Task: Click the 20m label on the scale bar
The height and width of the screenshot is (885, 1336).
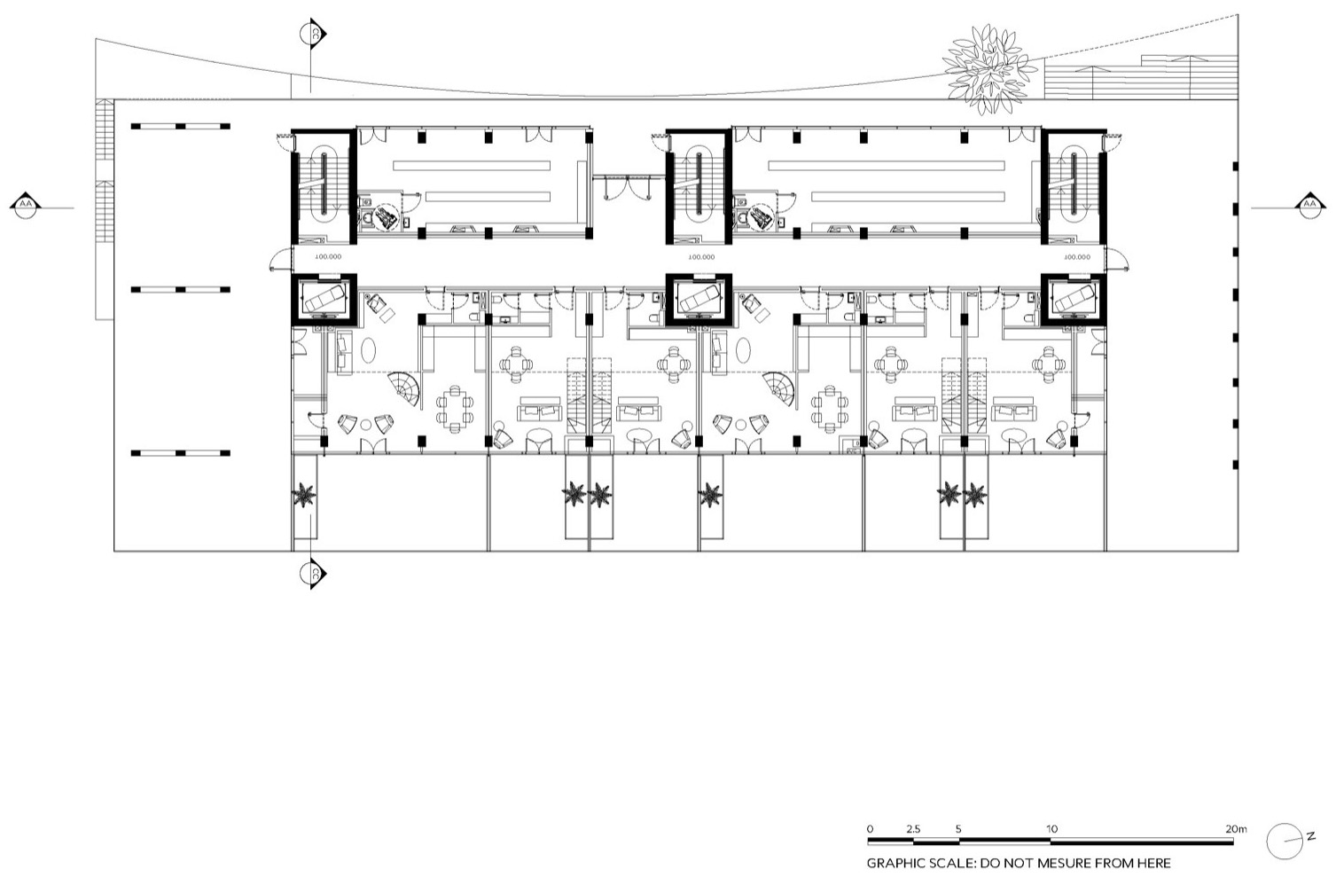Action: [1235, 829]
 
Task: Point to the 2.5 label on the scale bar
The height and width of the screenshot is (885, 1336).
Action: [913, 829]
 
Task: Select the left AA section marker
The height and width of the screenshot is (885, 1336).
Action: [25, 207]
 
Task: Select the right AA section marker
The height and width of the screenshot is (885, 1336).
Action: [1309, 206]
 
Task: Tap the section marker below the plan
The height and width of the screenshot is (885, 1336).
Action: [315, 574]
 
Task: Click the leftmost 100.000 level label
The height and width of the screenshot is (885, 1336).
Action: [328, 257]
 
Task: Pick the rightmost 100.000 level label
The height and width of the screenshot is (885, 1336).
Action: [1076, 257]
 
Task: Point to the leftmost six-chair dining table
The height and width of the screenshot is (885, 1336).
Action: [454, 407]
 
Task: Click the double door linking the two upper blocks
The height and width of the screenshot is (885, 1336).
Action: [627, 186]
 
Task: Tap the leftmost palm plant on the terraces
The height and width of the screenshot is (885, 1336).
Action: [306, 495]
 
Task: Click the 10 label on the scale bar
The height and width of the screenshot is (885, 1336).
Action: [1051, 829]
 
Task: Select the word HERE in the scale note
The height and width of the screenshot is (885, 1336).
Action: [1152, 863]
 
